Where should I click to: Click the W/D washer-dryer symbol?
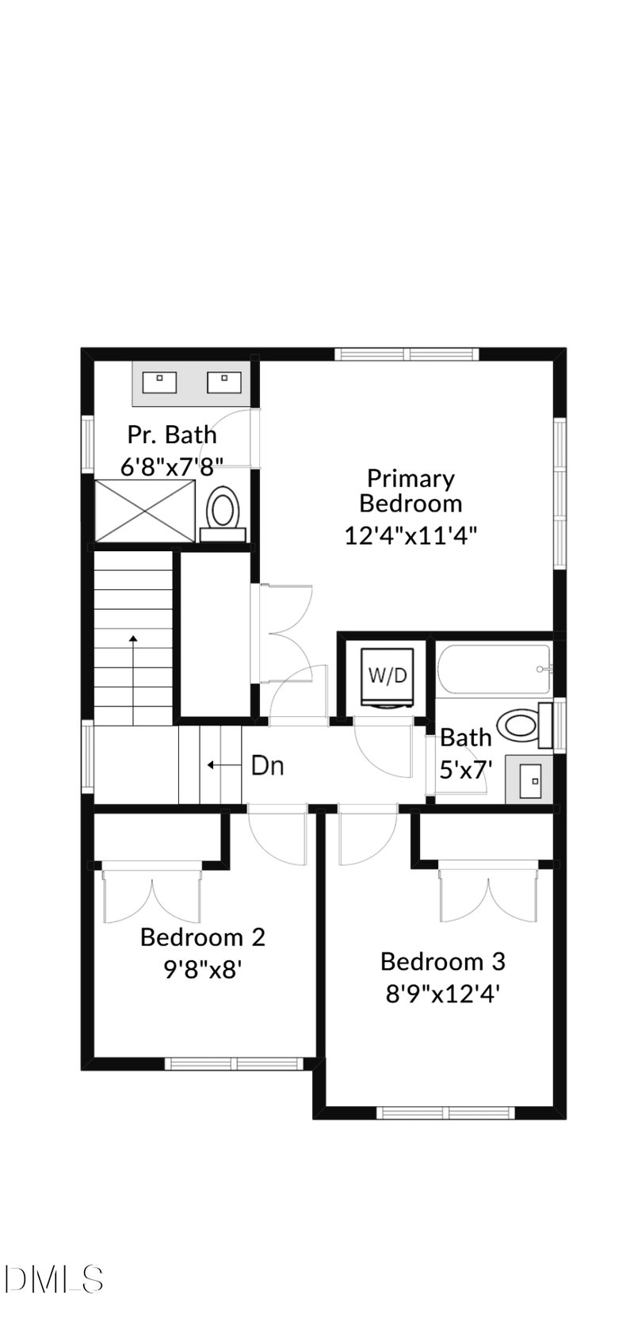(x=388, y=676)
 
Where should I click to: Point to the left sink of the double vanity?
(x=158, y=382)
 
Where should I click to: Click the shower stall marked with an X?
(x=144, y=511)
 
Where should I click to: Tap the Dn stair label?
(x=268, y=766)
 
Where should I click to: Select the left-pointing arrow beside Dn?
(x=223, y=766)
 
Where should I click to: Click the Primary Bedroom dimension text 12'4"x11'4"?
(x=410, y=535)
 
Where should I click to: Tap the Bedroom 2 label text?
(x=202, y=937)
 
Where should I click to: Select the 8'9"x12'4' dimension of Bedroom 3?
(x=442, y=994)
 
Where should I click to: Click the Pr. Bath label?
(x=172, y=435)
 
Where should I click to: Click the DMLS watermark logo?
(x=52, y=1278)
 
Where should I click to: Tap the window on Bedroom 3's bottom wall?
(x=445, y=1113)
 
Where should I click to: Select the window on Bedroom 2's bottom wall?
(x=234, y=1063)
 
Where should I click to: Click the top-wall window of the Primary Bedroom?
(x=407, y=354)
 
